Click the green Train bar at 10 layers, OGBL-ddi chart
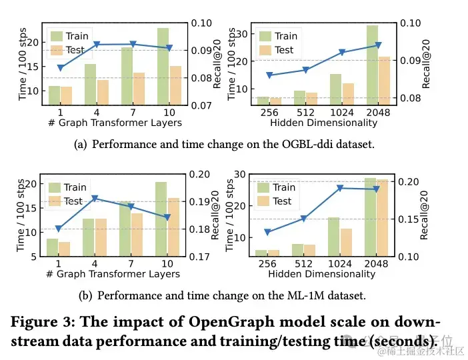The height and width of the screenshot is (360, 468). [163, 67]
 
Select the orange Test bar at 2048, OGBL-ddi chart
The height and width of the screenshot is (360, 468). [385, 81]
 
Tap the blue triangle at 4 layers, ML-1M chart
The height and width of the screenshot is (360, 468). [95, 198]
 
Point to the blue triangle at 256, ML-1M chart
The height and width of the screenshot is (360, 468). [267, 232]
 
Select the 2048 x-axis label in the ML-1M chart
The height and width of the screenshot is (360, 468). [377, 264]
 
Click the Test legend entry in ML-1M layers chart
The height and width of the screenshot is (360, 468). [73, 201]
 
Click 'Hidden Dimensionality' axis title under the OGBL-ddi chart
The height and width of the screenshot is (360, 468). [323, 123]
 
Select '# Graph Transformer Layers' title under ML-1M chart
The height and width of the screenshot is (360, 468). [113, 273]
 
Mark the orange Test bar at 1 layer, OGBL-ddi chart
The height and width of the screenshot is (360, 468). [66, 95]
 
